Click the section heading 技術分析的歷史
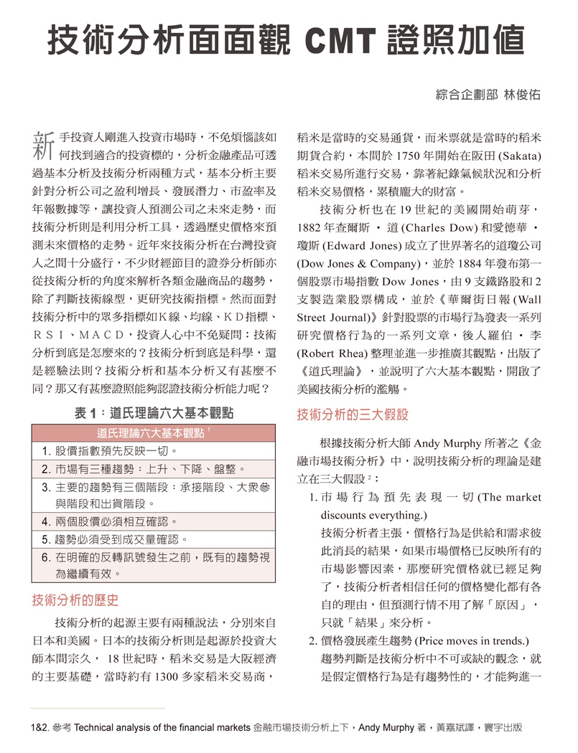point(75,600)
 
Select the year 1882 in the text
point(311,227)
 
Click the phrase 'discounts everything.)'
point(373,515)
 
